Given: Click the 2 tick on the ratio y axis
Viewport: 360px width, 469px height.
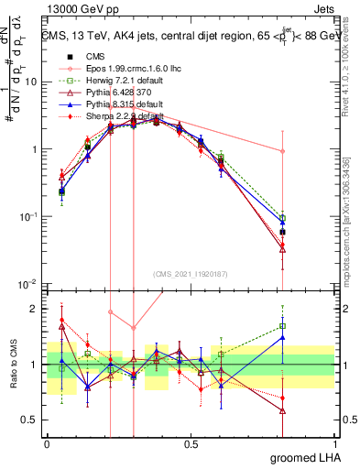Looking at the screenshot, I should tap(35, 309).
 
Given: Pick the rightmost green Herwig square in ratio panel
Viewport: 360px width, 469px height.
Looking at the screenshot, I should tap(283, 325).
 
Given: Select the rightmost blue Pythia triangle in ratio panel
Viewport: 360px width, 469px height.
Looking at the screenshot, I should tap(283, 337).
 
